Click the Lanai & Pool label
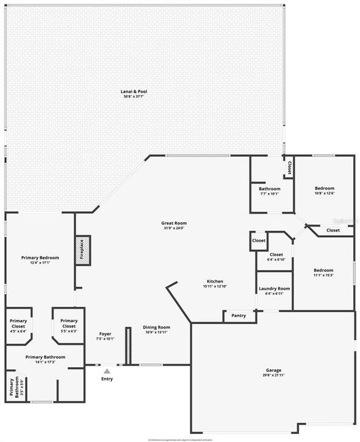(x=133, y=91)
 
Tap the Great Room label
(x=174, y=223)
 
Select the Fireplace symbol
(x=82, y=251)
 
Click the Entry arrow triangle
(x=107, y=371)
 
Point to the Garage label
(x=274, y=370)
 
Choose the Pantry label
(x=238, y=316)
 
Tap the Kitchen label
(x=214, y=282)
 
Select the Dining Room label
(x=157, y=327)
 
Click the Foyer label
(x=106, y=335)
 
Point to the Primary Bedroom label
(x=40, y=258)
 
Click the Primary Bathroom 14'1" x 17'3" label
(x=45, y=357)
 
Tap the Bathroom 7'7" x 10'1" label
(x=269, y=189)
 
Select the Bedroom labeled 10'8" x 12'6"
(x=324, y=188)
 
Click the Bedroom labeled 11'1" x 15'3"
(x=324, y=270)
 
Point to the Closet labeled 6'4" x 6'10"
(x=276, y=254)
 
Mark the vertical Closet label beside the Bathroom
(x=288, y=168)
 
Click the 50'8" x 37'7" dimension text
(x=133, y=96)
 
